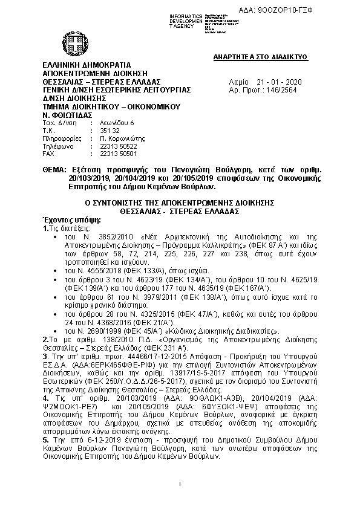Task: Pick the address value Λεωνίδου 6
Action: click(111, 122)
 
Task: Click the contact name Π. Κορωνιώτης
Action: click(117, 138)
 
